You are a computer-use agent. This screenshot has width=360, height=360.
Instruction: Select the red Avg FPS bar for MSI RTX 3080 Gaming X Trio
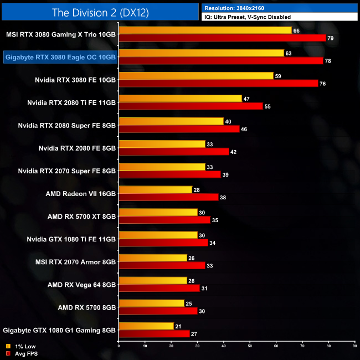click(222, 38)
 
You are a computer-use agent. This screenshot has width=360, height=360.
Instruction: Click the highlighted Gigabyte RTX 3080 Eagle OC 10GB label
click(60, 56)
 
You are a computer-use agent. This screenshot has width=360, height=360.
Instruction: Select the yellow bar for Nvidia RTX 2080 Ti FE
click(180, 99)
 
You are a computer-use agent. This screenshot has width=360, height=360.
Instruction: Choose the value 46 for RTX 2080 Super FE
click(244, 129)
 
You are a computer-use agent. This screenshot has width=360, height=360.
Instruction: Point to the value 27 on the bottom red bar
click(193, 334)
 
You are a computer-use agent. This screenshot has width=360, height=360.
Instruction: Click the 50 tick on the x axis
click(250, 346)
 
